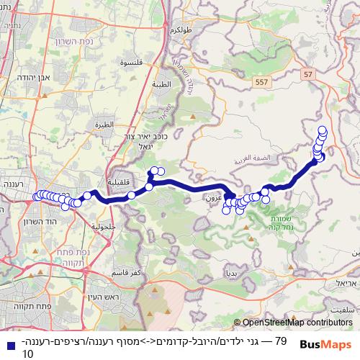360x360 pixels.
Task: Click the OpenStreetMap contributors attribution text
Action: coord(297,323)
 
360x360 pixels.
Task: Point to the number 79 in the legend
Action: coord(281,340)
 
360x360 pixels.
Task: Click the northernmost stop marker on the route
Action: coord(323,130)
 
